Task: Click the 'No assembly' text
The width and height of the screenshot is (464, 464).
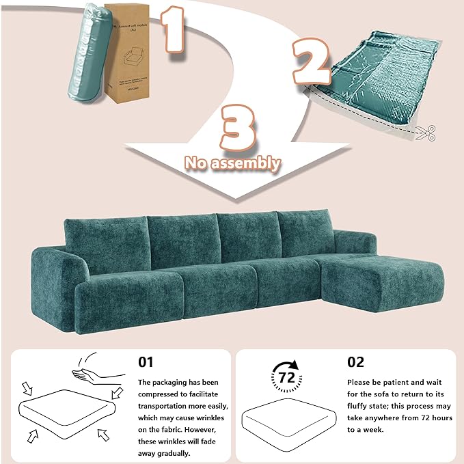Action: click(234, 163)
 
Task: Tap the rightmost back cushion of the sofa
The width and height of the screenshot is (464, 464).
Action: click(308, 236)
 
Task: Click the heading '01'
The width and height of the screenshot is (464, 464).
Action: click(146, 362)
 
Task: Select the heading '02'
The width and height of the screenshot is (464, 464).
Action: click(356, 362)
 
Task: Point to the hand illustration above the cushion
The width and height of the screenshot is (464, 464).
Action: click(98, 373)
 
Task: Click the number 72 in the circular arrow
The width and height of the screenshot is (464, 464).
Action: click(287, 378)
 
